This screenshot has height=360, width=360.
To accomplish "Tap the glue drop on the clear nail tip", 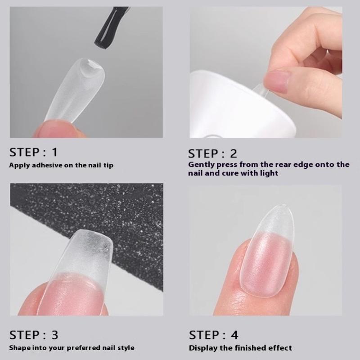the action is coord(90,68).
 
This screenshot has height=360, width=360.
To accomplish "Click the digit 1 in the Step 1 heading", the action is coord(54,152).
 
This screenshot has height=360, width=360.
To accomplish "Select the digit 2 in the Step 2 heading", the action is coord(233,153).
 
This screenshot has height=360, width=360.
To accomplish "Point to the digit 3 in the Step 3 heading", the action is coord(54,335).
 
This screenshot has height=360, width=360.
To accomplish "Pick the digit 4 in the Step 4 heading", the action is coord(234,335).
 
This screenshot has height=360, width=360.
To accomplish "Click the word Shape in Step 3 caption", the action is coord(19,348).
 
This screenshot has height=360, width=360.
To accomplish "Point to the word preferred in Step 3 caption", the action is coord(83,348).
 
